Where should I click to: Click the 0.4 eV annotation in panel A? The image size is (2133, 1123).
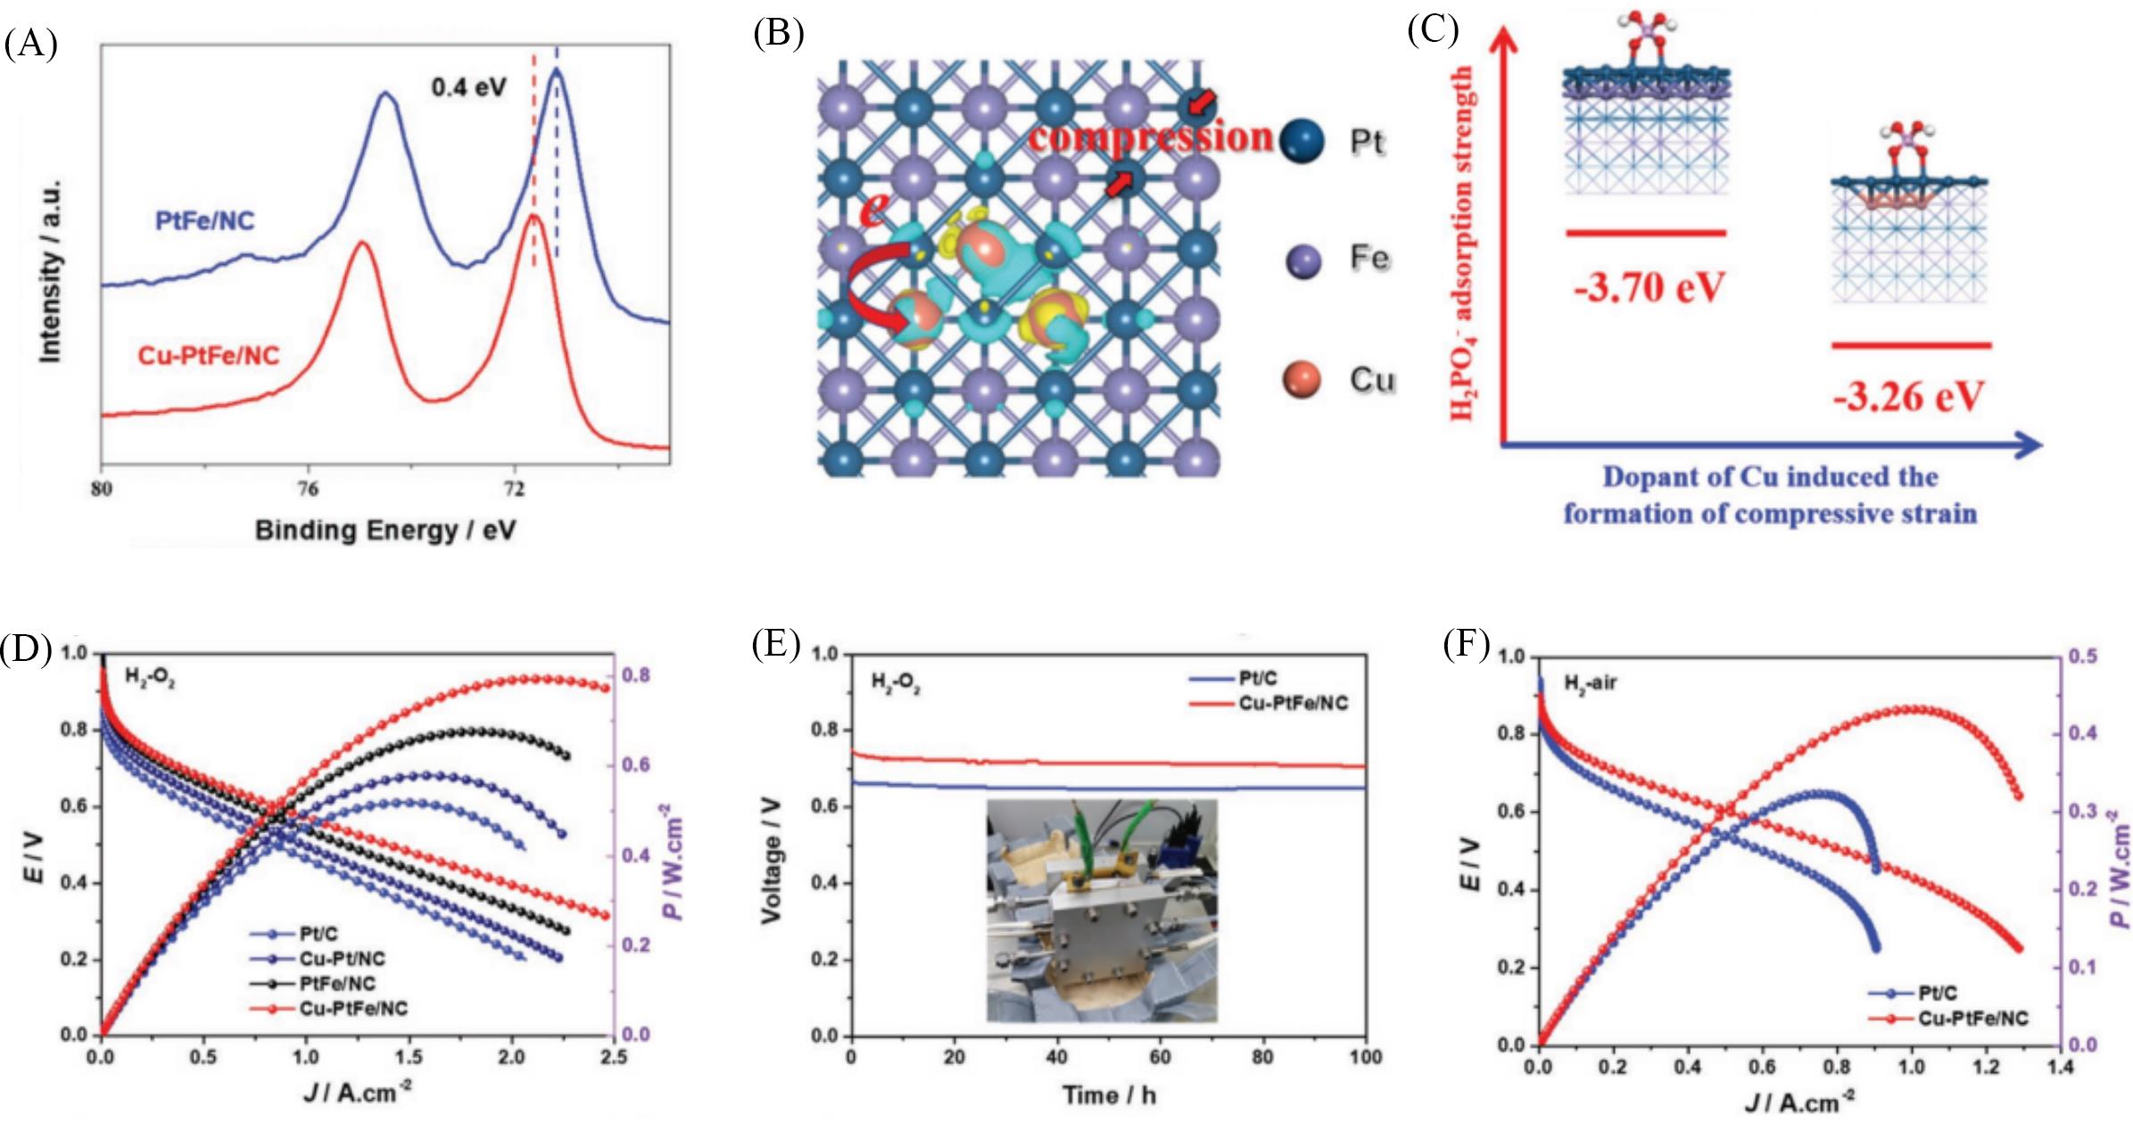point(468,87)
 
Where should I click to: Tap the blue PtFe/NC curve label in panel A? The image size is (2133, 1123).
point(205,220)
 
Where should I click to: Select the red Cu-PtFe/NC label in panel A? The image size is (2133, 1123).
point(208,357)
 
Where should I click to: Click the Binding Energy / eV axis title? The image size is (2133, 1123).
point(385,530)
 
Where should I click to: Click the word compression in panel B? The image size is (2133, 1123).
point(1151,136)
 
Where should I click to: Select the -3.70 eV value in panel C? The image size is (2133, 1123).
point(1649,287)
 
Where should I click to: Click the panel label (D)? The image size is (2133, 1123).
point(26,649)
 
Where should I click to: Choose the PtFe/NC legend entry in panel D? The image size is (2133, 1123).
point(337,984)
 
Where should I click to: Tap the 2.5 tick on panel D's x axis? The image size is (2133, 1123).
point(613,1057)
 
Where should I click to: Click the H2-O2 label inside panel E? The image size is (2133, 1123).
point(896,683)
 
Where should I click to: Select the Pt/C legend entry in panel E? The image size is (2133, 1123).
point(1257,679)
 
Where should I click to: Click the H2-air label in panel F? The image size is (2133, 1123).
point(1590,684)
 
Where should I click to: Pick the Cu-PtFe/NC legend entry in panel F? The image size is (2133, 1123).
point(1972,1018)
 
